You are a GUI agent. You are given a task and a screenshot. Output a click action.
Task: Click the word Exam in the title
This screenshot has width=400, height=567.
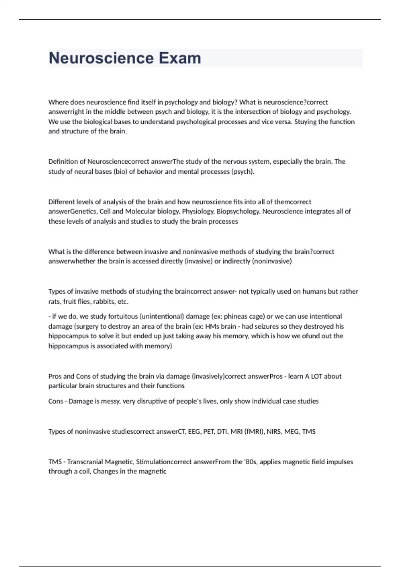tap(180, 58)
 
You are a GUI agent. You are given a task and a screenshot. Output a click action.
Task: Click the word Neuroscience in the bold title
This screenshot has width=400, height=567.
tap(101, 58)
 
